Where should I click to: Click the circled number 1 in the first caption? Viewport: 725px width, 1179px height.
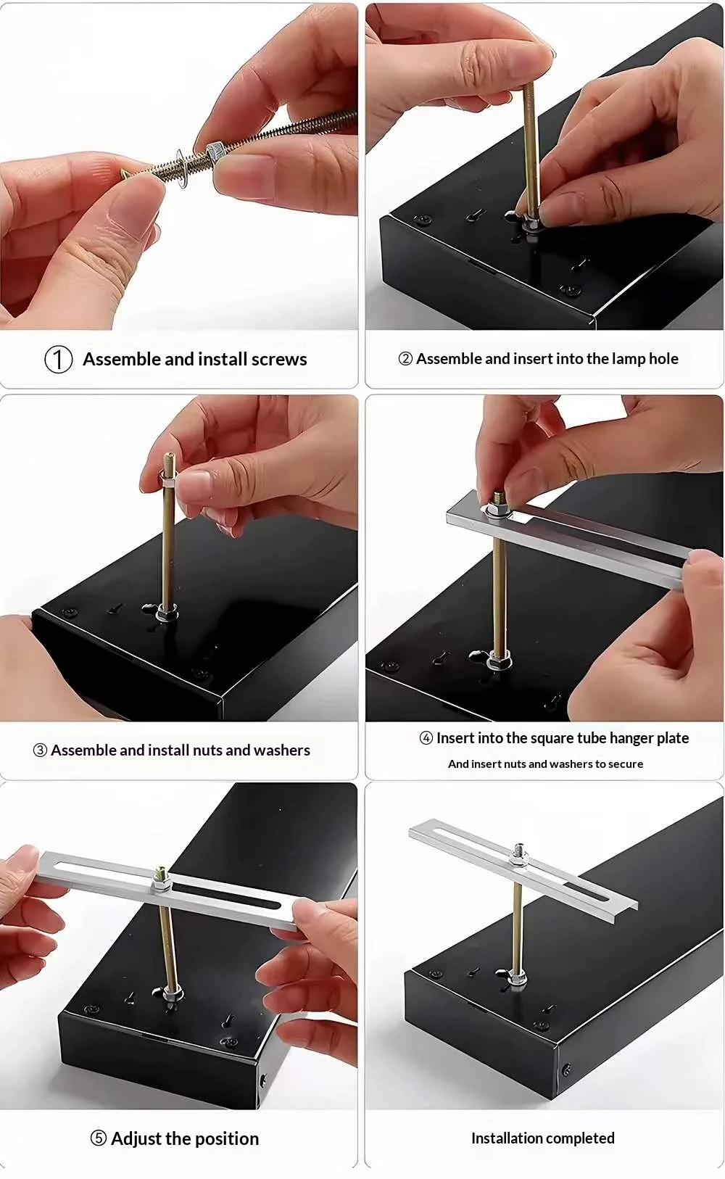(x=59, y=360)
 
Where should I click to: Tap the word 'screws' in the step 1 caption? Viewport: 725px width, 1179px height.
(x=279, y=360)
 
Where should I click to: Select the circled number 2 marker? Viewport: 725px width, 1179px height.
(x=405, y=359)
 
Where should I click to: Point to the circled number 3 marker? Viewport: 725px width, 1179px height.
(x=40, y=750)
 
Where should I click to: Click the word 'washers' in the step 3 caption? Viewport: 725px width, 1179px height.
(x=282, y=750)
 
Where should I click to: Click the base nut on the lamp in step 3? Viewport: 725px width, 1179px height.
(x=167, y=612)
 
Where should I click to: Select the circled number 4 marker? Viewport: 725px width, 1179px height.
(x=426, y=738)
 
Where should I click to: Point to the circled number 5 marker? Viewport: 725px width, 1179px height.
(x=99, y=1138)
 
